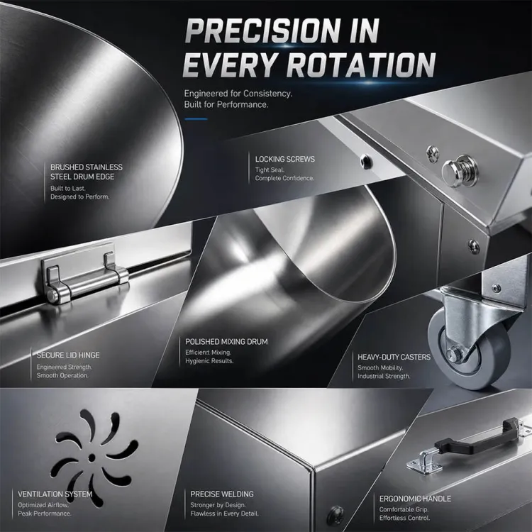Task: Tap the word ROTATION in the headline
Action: coord(363,65)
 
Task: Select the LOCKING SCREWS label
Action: coord(285,159)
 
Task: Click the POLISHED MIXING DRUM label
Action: coord(226,342)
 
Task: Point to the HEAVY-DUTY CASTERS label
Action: coord(394,357)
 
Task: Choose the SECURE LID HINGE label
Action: coord(68,355)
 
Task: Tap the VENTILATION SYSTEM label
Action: coord(55,494)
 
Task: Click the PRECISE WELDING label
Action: coord(222,494)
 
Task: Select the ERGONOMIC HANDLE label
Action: coord(415,499)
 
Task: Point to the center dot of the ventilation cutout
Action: coord(92,458)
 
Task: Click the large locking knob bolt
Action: coord(458,171)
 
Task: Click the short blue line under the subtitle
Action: coord(196,119)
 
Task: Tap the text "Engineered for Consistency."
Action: coord(238,94)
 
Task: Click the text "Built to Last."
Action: coord(68,188)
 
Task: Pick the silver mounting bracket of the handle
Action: coord(424,462)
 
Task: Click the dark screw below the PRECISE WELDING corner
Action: coord(336,515)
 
